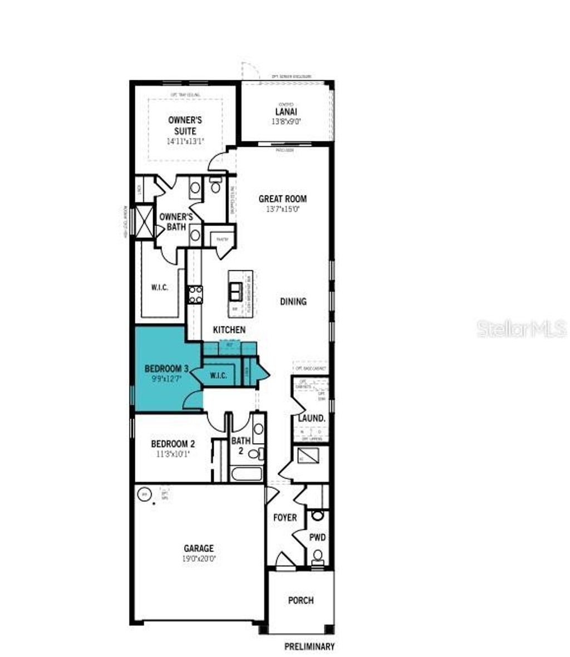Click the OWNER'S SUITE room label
coord(185,125)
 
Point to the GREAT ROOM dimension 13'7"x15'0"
coord(282,209)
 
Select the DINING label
coord(293,302)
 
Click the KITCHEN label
coord(229,330)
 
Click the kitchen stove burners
coord(195,293)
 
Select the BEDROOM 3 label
coord(166,369)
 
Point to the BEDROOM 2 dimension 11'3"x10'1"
coord(173,454)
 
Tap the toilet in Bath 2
coord(255,453)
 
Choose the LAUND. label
coord(311,418)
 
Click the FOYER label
coord(284,518)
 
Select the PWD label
coord(317,537)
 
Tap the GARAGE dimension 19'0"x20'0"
coord(199,558)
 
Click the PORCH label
coord(301,600)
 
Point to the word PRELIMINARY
coord(309,646)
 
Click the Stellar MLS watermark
coord(521,329)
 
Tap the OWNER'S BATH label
coord(176,222)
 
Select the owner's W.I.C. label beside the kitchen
coord(159,288)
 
